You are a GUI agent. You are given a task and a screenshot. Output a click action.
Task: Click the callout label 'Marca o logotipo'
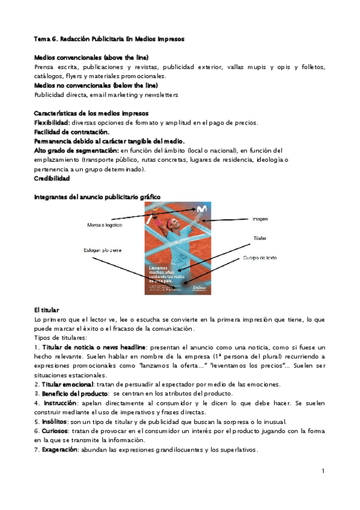tap(105, 225)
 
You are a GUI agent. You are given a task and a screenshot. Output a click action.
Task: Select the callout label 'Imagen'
tap(260, 219)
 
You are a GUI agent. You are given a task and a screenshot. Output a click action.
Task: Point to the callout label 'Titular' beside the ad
tap(259, 238)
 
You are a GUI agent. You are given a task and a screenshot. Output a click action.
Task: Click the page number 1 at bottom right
tap(323, 470)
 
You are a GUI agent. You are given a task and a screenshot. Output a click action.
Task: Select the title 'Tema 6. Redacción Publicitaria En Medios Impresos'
tap(109, 39)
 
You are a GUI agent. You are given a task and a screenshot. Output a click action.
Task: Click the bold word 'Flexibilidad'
tap(52, 123)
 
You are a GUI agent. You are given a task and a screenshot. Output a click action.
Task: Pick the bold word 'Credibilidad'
tap(52, 179)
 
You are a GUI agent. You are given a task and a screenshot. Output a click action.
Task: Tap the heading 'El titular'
tap(47, 310)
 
